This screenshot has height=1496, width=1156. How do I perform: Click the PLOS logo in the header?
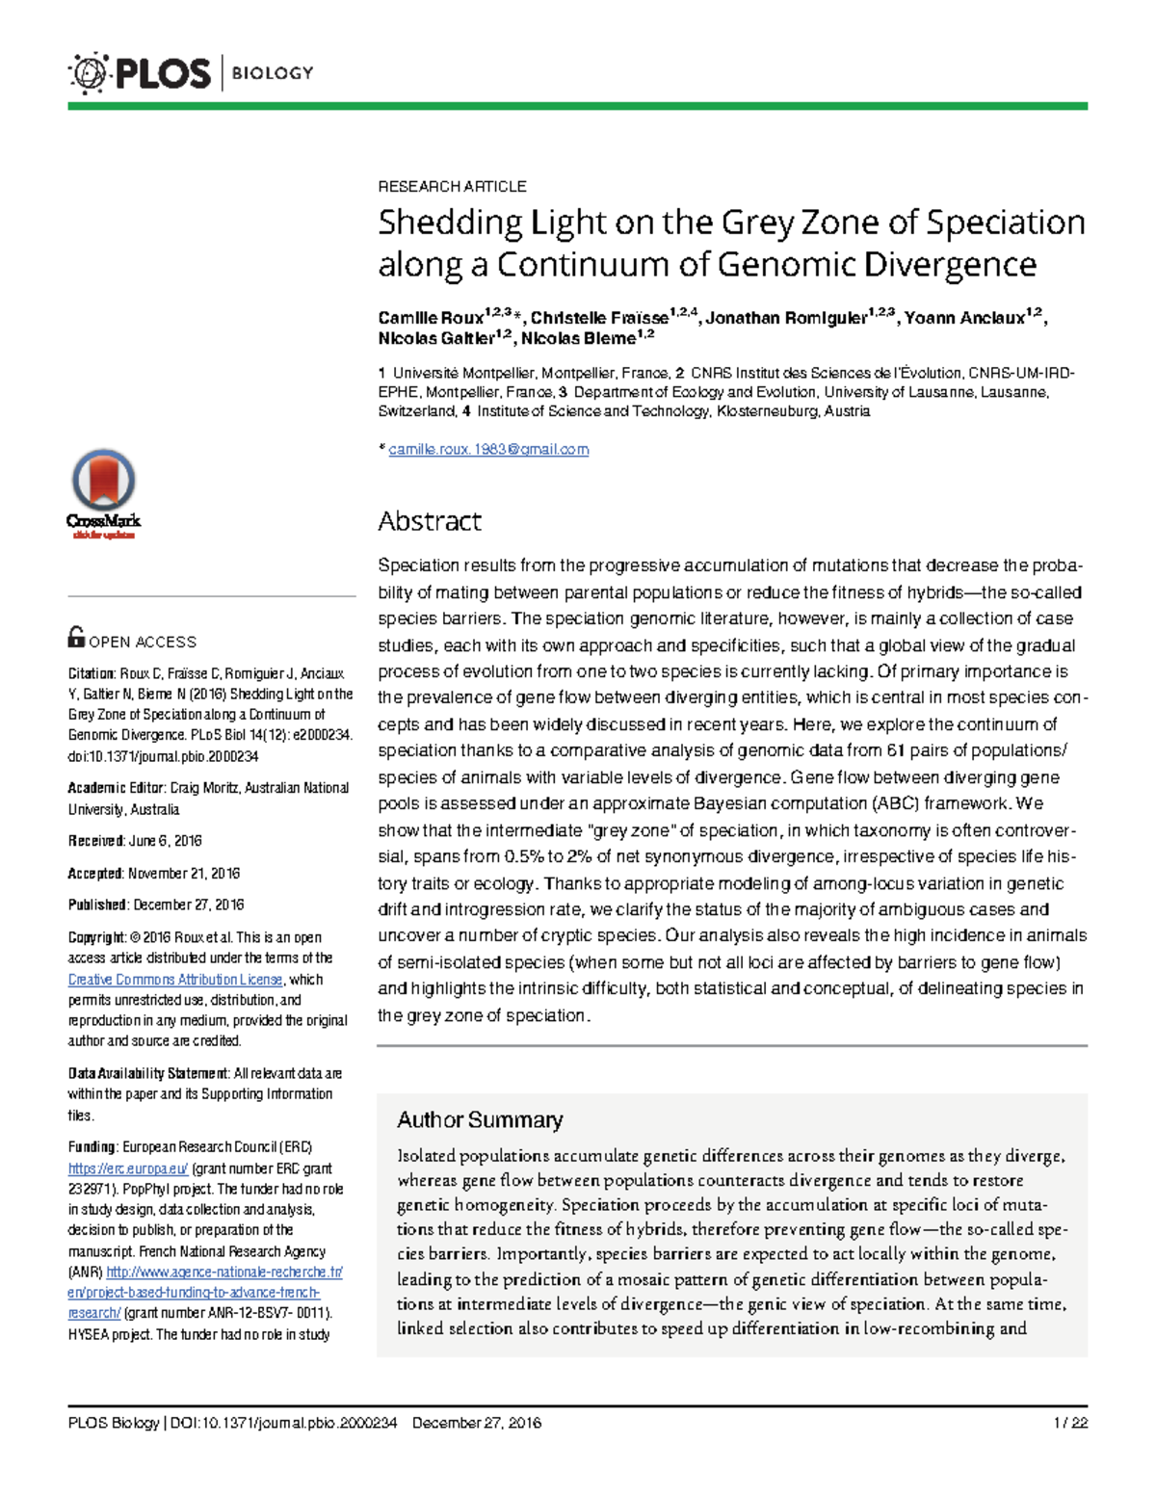point(139,73)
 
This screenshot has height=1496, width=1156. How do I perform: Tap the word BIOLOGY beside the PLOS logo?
point(273,73)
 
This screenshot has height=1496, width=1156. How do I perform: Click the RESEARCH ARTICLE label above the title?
point(452,186)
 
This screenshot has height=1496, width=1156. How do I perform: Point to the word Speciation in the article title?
point(1006,223)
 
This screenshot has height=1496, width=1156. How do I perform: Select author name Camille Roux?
point(431,319)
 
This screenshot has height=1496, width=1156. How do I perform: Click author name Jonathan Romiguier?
point(786,319)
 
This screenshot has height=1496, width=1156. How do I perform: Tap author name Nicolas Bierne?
point(578,339)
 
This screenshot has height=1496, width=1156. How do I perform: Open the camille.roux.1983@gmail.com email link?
point(488,450)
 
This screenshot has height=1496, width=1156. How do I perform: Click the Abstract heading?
point(430,521)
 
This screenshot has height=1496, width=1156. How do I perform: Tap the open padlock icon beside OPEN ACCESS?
point(76,638)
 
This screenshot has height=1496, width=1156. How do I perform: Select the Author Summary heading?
point(480,1119)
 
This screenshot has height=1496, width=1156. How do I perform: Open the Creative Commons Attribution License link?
point(175,980)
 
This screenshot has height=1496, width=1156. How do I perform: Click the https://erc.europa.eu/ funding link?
point(128,1168)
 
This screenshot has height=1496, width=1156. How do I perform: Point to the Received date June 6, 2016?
point(165,841)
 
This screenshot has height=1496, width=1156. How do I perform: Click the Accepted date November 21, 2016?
point(184,874)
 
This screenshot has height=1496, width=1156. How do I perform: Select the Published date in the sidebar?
point(188,905)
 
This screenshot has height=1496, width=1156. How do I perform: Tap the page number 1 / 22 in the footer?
point(1070,1423)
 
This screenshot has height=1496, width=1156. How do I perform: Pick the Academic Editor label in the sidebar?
point(117,788)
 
